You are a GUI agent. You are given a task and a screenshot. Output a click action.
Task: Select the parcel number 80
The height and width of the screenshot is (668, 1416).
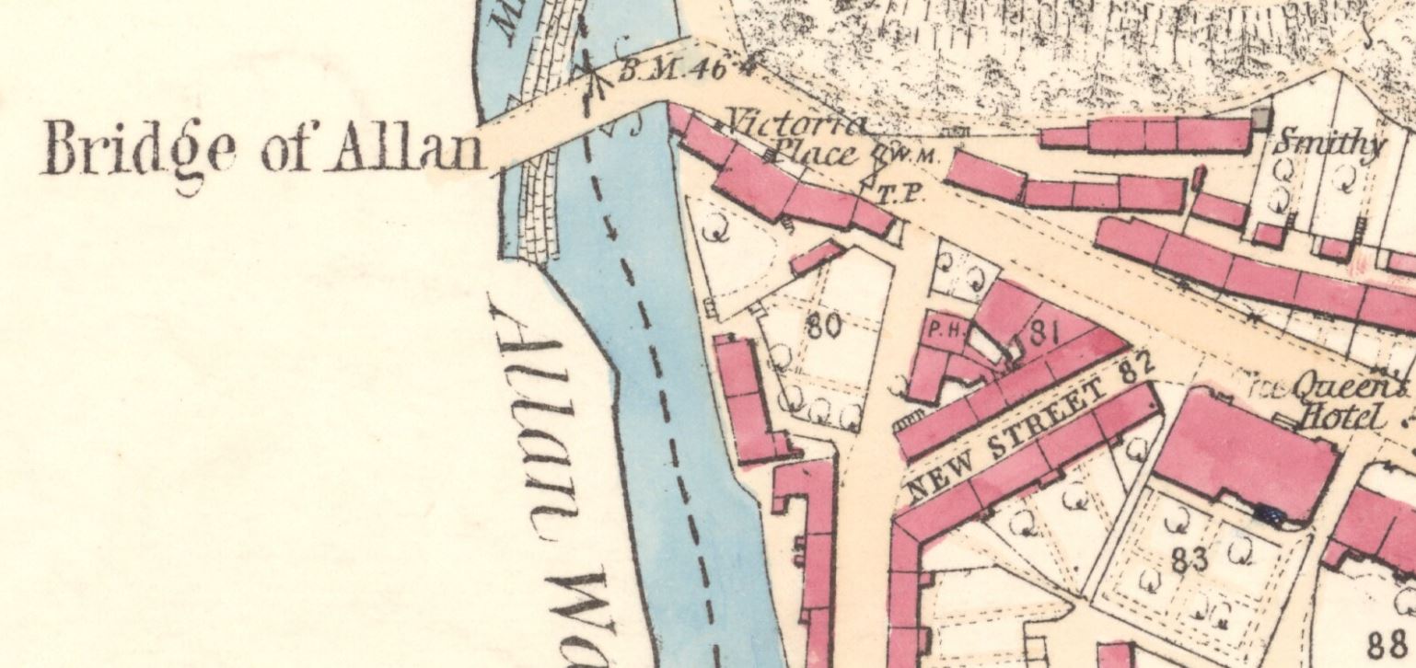823,325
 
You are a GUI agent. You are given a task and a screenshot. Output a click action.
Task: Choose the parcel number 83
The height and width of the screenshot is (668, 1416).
1190,559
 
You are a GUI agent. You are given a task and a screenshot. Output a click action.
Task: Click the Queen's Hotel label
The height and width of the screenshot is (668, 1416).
1346,403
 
